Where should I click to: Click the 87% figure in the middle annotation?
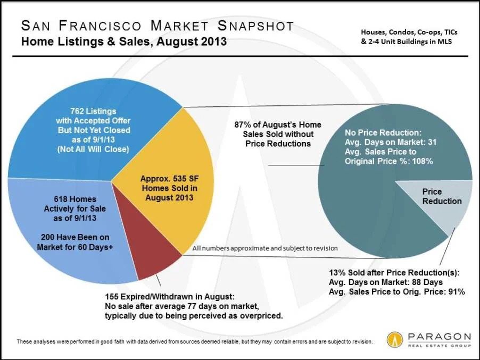(x=243, y=124)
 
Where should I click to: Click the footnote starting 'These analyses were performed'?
(x=195, y=341)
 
